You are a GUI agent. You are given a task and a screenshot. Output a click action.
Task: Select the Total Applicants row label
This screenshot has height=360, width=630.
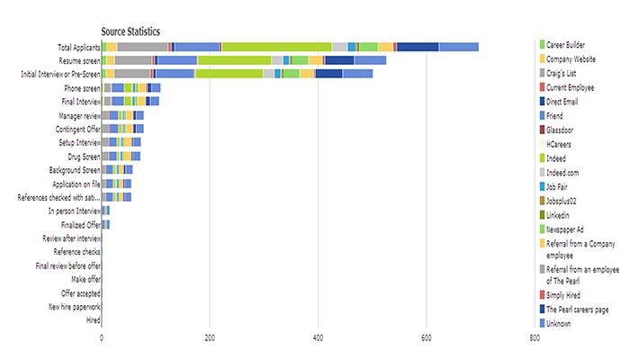(x=78, y=47)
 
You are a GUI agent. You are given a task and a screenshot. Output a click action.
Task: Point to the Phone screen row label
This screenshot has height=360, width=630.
(x=82, y=88)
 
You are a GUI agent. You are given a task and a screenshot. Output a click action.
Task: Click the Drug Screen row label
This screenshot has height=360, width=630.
(x=82, y=157)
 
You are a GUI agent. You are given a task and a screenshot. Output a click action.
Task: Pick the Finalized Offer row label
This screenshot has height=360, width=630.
(x=80, y=224)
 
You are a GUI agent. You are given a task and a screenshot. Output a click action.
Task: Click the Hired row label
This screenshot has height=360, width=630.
(x=92, y=320)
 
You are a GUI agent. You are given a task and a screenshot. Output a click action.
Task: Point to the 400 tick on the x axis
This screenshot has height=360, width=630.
(x=318, y=338)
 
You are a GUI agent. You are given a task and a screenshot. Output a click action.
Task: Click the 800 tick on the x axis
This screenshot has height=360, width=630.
(x=535, y=338)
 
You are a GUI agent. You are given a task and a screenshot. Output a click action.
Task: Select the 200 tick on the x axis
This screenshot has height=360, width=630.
(x=210, y=338)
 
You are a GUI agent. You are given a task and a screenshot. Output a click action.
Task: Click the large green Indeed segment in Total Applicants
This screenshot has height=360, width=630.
(x=276, y=47)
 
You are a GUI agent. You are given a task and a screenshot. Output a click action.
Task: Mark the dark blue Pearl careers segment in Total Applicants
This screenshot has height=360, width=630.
(x=418, y=47)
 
